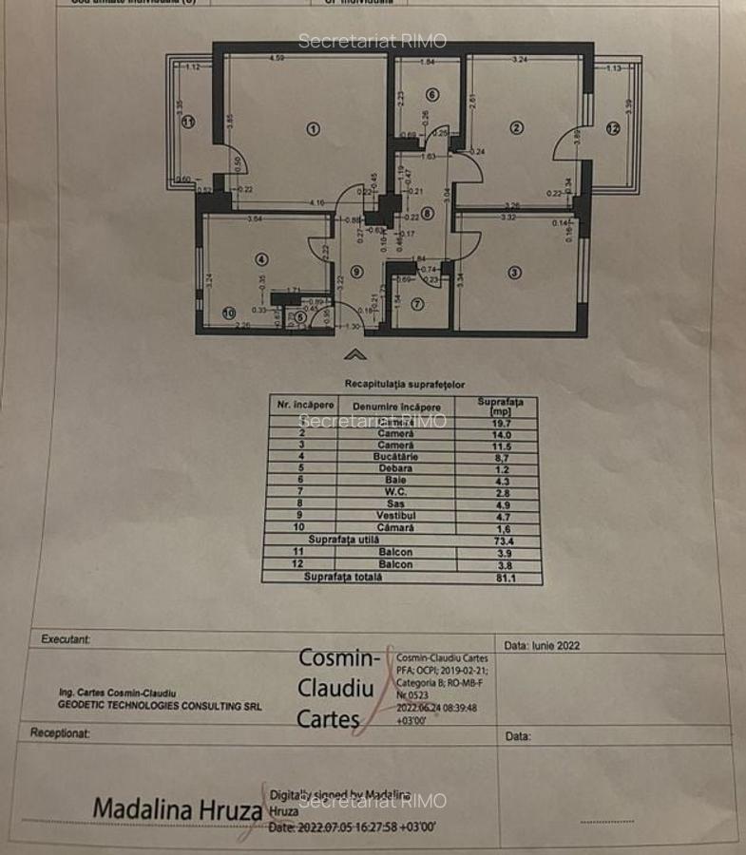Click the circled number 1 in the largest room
pyautogui.click(x=314, y=128)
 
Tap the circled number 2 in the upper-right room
pyautogui.click(x=516, y=127)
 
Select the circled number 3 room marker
pyautogui.click(x=514, y=273)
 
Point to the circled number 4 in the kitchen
pyautogui.click(x=260, y=258)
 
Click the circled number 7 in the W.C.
pyautogui.click(x=416, y=304)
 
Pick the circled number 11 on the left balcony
pyautogui.click(x=188, y=122)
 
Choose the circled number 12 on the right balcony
pyautogui.click(x=613, y=128)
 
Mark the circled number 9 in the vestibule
pyautogui.click(x=355, y=271)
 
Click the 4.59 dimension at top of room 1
pyautogui.click(x=277, y=59)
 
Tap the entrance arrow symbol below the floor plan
pyautogui.click(x=355, y=354)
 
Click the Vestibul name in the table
pyautogui.click(x=396, y=516)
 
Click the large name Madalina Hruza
pyautogui.click(x=177, y=809)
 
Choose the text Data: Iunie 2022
pyautogui.click(x=542, y=645)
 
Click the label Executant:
pyautogui.click(x=66, y=639)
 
